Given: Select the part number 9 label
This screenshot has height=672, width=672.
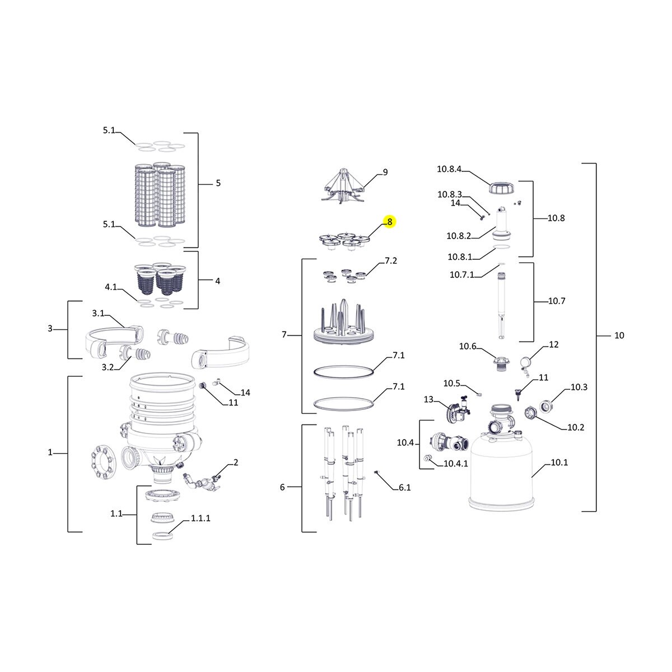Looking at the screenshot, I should pos(385,172).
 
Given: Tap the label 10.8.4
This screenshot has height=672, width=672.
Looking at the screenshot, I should pos(449,169).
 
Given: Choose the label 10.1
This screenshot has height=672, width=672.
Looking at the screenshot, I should pos(559,463).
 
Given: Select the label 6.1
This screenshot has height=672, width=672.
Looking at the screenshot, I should pos(404,488).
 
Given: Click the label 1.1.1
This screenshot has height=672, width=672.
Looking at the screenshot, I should pos(200,519).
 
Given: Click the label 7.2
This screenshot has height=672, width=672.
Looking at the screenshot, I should pos(391,261).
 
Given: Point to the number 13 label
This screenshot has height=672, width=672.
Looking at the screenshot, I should pos(428,399).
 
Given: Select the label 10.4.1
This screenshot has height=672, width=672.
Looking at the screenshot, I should pos(456,464).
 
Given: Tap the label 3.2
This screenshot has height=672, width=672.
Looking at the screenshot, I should pos(108,367).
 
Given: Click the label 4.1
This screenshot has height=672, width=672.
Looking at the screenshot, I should pos(111,287).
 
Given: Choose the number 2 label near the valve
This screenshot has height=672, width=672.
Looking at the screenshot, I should pos(236,463).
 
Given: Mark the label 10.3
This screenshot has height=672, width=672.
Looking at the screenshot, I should pos(579,388).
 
